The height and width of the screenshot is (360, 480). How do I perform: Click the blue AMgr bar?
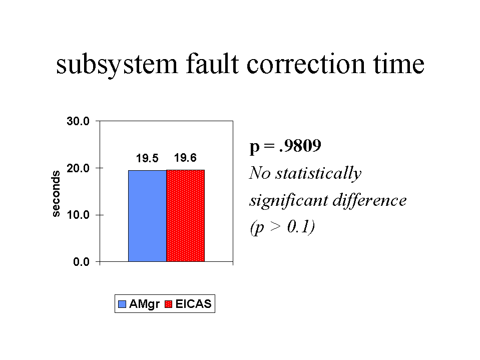(x=147, y=216)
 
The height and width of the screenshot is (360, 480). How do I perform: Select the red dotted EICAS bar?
(x=186, y=215)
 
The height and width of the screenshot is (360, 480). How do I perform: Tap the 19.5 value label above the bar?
(x=147, y=158)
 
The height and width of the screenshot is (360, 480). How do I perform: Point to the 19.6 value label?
(x=185, y=158)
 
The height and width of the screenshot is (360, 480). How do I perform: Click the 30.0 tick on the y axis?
(x=78, y=121)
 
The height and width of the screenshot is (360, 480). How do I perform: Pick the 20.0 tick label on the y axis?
(x=78, y=168)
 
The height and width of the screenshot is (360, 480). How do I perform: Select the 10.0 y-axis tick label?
(x=78, y=215)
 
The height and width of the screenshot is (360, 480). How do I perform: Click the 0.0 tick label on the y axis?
(x=82, y=262)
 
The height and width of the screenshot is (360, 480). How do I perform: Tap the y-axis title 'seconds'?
(x=56, y=194)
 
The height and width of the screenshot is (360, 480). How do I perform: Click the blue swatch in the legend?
(x=122, y=304)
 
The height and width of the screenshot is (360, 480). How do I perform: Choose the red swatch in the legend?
(x=168, y=304)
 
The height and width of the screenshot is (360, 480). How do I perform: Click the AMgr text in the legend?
(x=144, y=304)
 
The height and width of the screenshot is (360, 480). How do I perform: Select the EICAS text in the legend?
(x=194, y=304)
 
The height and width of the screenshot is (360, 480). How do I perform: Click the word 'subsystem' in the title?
(x=117, y=65)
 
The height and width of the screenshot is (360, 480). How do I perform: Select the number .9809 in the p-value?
(x=300, y=146)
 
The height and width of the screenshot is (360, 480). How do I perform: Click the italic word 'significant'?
(x=289, y=201)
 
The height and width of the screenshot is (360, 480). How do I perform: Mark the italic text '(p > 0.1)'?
(x=282, y=227)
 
